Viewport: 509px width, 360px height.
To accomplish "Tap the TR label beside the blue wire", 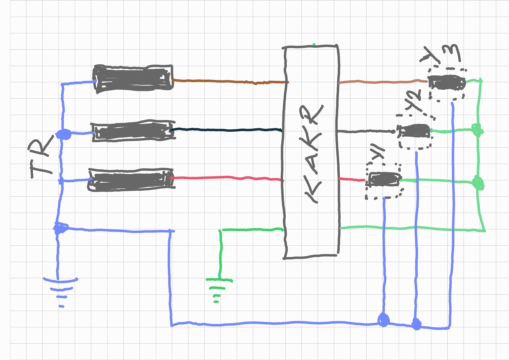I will [x=42, y=155].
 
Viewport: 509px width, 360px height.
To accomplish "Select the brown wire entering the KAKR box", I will [x=230, y=81].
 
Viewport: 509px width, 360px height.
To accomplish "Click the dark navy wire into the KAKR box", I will [x=227, y=129].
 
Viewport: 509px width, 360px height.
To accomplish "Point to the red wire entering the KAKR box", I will [x=227, y=178].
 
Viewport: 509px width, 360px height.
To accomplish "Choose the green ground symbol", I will [x=218, y=288].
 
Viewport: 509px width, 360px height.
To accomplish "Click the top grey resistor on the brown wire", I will [x=133, y=78].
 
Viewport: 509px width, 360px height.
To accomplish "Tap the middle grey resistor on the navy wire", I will [x=133, y=131].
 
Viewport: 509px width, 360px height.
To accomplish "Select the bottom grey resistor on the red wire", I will [x=131, y=180].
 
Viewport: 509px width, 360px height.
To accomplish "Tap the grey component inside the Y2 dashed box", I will [x=415, y=131].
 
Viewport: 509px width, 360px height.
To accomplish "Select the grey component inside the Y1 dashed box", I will [x=384, y=179].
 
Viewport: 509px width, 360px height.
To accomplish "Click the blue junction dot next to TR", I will [x=63, y=134].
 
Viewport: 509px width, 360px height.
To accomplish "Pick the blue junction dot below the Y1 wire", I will [x=383, y=320].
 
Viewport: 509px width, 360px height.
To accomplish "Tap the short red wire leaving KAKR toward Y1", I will [x=352, y=180].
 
